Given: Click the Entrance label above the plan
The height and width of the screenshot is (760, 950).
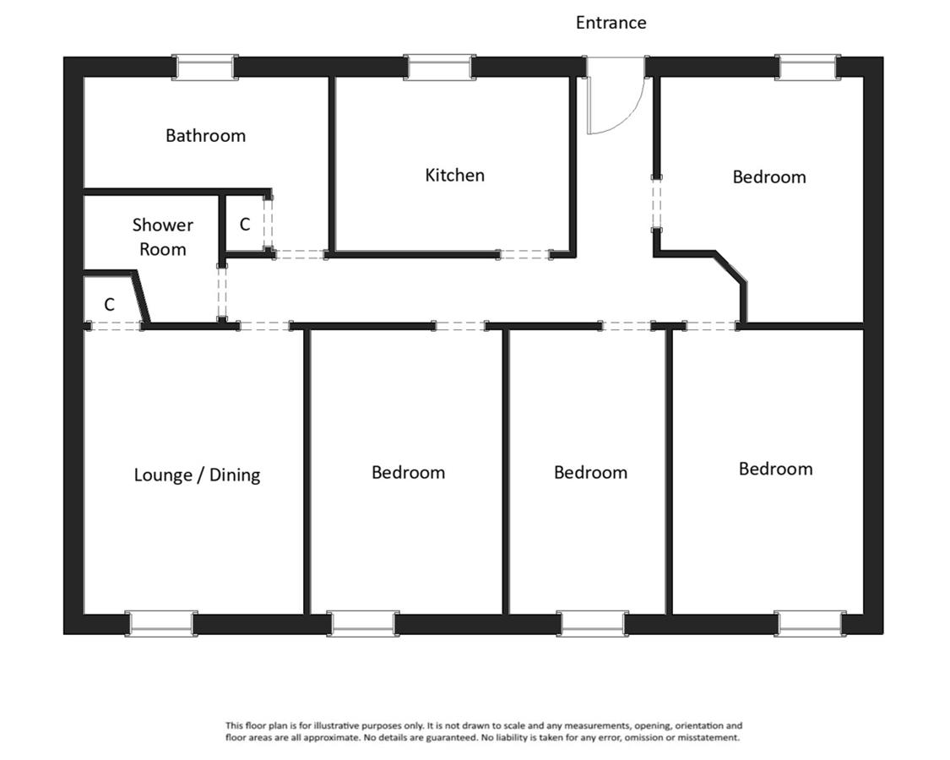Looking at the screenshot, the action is coord(611,23).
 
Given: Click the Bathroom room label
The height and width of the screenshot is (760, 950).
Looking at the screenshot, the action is coord(206,135).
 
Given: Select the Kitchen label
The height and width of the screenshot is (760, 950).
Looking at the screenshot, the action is coord(454,175).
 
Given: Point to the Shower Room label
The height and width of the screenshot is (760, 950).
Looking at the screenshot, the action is coord(162,237).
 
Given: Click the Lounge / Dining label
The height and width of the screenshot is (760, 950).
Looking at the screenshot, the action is coord(197,475).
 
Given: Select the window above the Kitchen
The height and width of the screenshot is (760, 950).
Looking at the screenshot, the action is coord(438,67).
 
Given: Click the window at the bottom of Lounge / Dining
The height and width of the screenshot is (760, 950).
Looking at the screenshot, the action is coord(161,624).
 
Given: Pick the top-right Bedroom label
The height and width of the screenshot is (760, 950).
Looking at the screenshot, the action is coord(768,177).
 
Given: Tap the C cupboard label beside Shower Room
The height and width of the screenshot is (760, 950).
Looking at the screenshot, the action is coord(245,225).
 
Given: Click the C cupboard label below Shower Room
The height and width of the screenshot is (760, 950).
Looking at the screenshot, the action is coord(109,304).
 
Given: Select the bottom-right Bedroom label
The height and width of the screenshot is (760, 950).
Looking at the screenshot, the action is coord(775,470).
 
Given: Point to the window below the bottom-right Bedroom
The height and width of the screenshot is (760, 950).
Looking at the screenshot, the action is coord(810,624).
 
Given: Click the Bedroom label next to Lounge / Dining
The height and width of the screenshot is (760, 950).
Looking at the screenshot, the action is coord(409,473).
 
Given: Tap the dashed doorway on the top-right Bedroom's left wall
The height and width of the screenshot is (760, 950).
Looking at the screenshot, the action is coord(656,204).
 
